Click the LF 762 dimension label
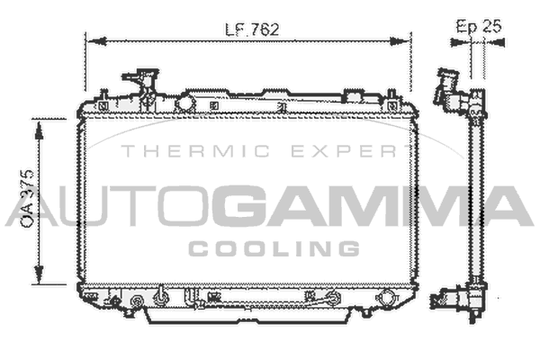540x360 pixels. [x=252, y=30]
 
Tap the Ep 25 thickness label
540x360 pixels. [x=479, y=26]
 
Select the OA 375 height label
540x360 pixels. [x=27, y=198]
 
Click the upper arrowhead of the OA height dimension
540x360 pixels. [x=39, y=130]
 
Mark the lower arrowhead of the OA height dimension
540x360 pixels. [x=39, y=274]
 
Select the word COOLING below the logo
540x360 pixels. [x=274, y=248]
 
